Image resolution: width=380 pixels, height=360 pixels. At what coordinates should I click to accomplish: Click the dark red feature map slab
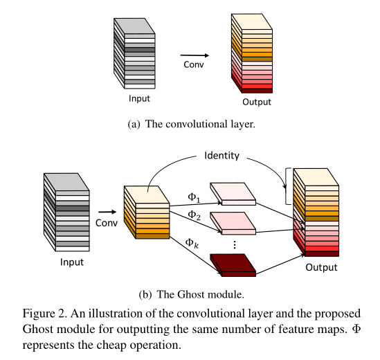click(233, 264)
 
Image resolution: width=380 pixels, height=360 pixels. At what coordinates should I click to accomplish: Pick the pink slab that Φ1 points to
click(233, 195)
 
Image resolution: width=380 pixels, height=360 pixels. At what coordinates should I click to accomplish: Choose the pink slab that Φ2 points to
click(233, 222)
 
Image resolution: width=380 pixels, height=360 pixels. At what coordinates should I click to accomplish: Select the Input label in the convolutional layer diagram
click(139, 98)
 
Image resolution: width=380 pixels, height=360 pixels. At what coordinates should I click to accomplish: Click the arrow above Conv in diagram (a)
click(194, 55)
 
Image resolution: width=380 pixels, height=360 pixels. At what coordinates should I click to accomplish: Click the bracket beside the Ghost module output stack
click(288, 186)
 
